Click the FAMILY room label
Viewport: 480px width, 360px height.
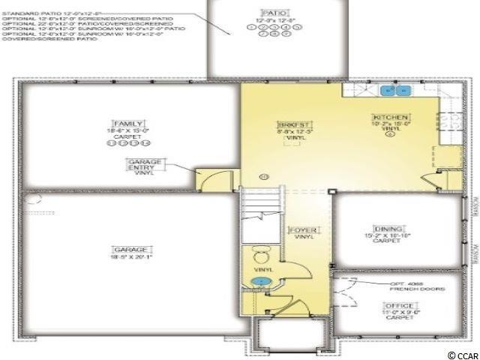point(128,123)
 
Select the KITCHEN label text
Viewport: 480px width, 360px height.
point(391,118)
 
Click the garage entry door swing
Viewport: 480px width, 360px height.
point(211,179)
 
